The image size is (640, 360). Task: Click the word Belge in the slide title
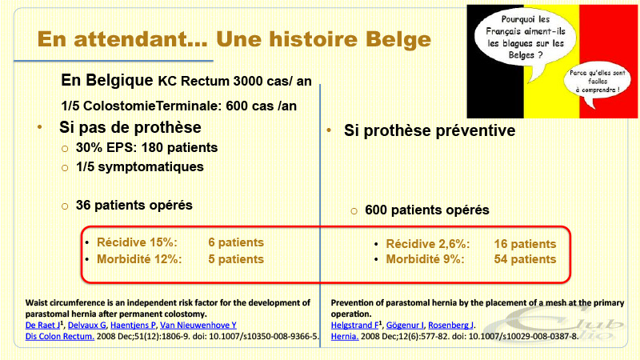[x=398, y=40]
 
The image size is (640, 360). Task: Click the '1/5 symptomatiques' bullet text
[x=139, y=167]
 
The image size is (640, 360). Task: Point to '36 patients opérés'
[x=134, y=205]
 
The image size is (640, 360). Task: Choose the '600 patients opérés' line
[x=427, y=210]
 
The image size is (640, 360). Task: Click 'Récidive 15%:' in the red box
[x=137, y=242]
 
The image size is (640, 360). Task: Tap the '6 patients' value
[x=236, y=242]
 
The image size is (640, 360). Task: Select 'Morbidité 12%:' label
[x=139, y=259]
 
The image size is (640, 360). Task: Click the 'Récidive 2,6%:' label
[x=428, y=244]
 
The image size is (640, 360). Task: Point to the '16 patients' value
[x=525, y=244]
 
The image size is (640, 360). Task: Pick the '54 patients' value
[x=525, y=259]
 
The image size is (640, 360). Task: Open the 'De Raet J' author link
[x=43, y=326]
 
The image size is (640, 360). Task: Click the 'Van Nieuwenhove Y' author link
[x=198, y=326]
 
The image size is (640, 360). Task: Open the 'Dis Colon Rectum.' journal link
[x=59, y=336]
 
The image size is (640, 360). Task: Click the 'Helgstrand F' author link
[x=354, y=326]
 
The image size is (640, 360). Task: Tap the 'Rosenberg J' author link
[x=450, y=326]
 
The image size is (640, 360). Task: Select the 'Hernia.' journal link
[x=345, y=336]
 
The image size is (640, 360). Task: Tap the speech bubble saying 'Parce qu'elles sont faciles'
[x=597, y=84]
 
